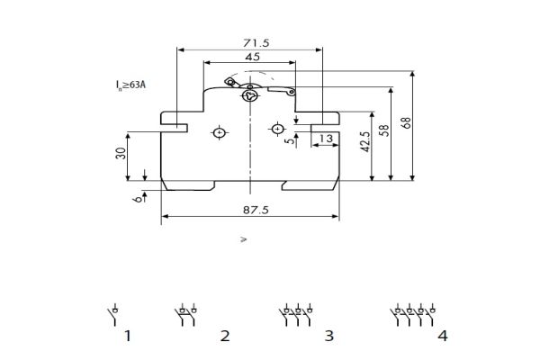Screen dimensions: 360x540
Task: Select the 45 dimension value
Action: click(x=253, y=57)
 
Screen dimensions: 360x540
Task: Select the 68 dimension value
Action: click(x=406, y=123)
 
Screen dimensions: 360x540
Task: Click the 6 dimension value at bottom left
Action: click(x=137, y=200)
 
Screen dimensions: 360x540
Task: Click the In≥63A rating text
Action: click(x=130, y=85)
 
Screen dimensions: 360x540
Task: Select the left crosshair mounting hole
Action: click(x=220, y=133)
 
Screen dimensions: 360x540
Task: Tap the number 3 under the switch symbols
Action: click(x=328, y=336)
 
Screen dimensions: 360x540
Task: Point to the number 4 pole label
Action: click(x=442, y=336)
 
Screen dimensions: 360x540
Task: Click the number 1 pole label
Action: click(x=128, y=336)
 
